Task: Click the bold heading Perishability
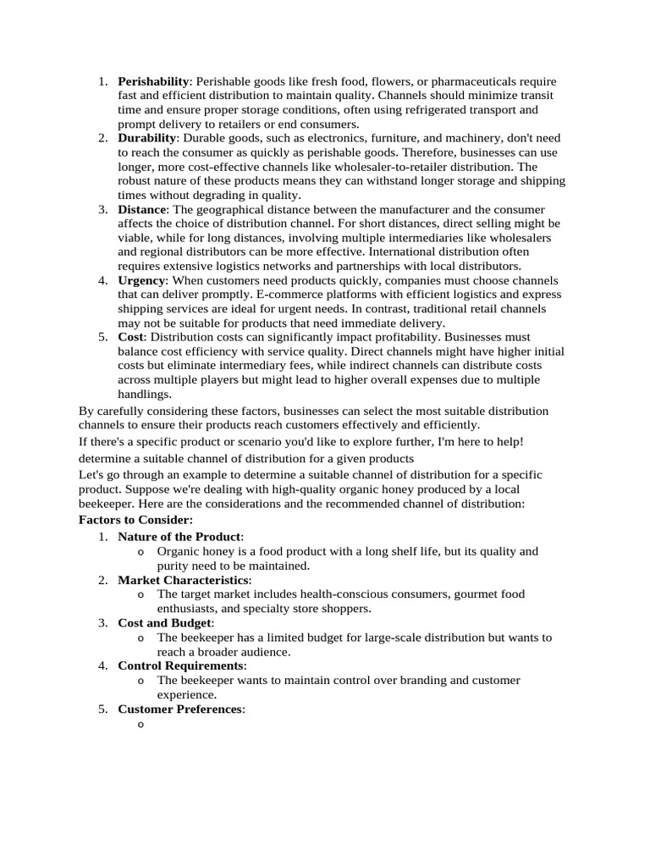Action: pos(153,81)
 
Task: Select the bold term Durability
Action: pos(146,137)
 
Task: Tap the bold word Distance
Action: pos(143,209)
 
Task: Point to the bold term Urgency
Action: pos(141,280)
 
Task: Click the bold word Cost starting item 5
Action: pos(130,337)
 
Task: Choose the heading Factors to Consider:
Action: pos(135,519)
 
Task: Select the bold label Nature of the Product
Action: pos(179,537)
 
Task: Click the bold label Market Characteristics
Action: pos(184,580)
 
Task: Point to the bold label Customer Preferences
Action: pos(180,709)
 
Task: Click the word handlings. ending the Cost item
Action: pos(145,395)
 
